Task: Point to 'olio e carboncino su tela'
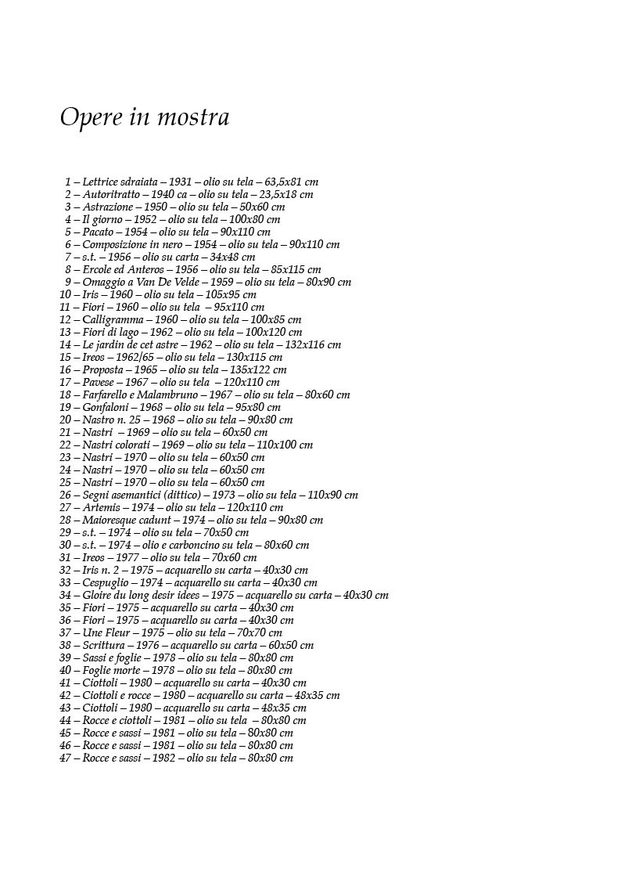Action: coord(195,545)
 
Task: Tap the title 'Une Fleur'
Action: coord(104,632)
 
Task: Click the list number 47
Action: coord(65,758)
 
